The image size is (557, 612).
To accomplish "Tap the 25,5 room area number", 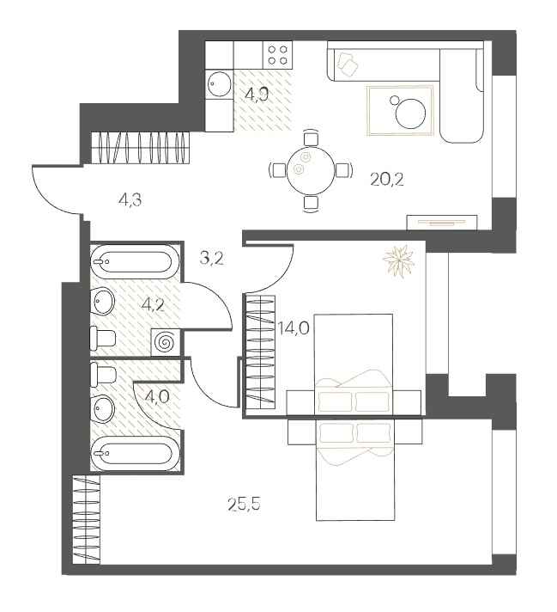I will tap(244, 503).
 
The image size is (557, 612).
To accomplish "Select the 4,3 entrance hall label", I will tap(130, 201).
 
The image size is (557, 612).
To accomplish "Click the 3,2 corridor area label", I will tap(211, 257).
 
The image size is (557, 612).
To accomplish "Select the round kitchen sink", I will tap(218, 84).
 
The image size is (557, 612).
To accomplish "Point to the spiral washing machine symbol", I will tap(165, 342).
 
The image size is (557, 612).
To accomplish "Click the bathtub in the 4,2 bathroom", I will tap(134, 260).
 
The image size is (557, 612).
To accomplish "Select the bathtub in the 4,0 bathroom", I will tap(136, 453).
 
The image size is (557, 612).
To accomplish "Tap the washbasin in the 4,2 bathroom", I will tap(103, 301).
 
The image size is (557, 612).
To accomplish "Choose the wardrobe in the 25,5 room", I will tap(86, 521).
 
